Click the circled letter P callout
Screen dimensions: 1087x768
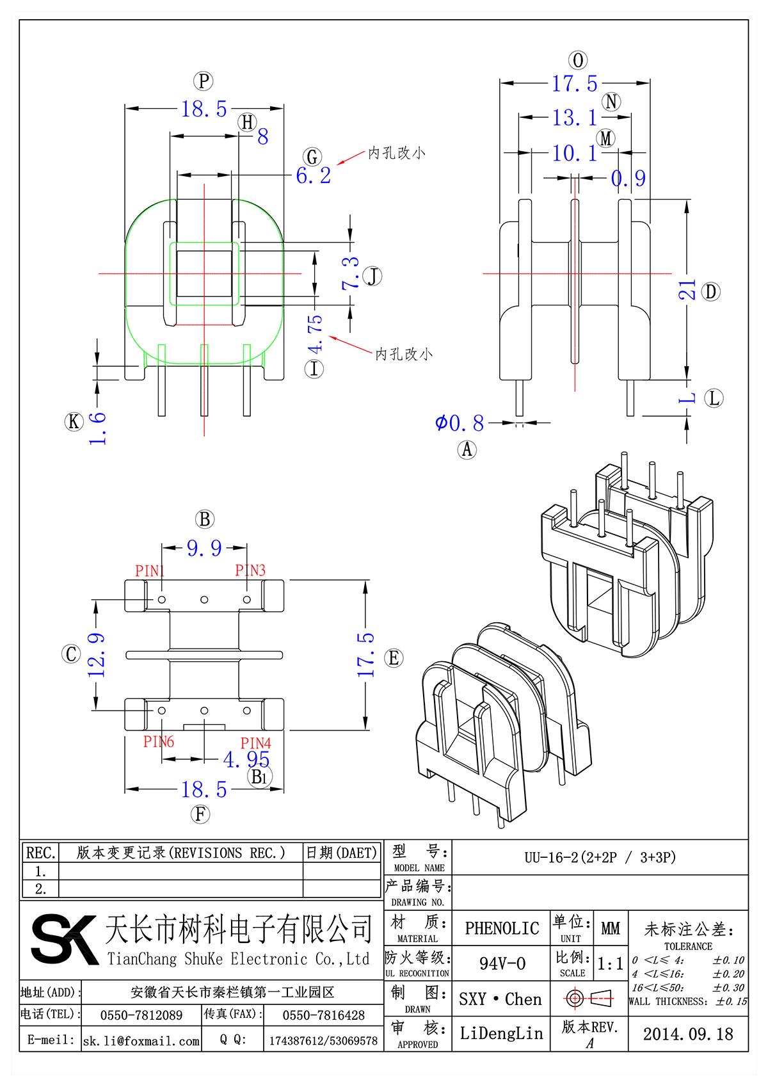[203, 81]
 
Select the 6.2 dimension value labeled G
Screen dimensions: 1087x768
[313, 175]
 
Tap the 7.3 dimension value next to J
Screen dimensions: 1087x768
[351, 273]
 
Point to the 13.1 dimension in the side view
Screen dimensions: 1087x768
[574, 118]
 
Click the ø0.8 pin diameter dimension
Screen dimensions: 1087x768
[460, 423]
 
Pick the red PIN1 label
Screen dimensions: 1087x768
[150, 570]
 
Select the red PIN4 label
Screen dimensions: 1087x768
[255, 743]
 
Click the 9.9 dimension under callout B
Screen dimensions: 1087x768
[204, 548]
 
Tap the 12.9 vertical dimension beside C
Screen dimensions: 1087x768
[97, 655]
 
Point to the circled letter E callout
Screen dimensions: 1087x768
[394, 657]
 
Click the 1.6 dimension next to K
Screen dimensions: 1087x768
[97, 428]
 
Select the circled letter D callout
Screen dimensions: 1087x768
[710, 292]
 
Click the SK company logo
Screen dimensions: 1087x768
[64, 939]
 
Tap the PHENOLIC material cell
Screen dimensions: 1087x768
[502, 928]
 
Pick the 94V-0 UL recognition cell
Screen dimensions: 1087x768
[502, 963]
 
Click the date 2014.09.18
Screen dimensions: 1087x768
[688, 1034]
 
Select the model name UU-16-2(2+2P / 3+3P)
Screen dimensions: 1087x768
[600, 857]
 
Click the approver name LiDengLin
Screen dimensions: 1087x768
[501, 1033]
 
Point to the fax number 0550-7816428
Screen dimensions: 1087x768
[323, 1015]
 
